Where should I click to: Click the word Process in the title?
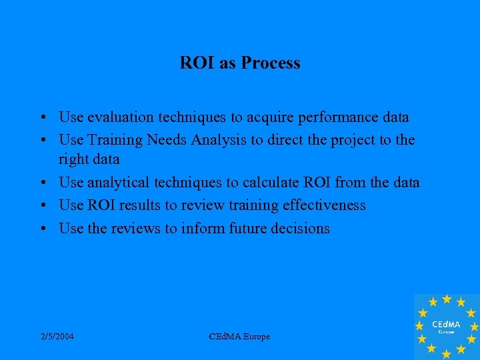[x=271, y=63]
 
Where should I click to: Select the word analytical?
[x=117, y=183]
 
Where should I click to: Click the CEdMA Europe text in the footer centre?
[x=239, y=337]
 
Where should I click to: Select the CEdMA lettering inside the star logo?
[x=447, y=324]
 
